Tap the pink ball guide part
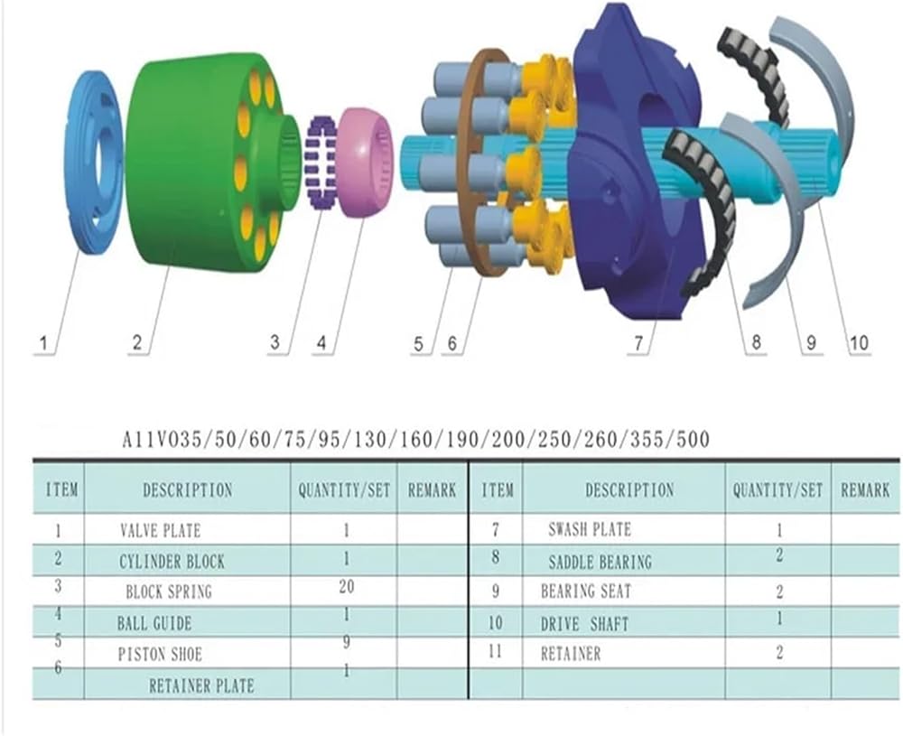[365, 163]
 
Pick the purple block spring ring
[321, 163]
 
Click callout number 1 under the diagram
[43, 344]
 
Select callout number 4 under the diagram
[321, 344]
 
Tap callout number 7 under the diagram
[638, 344]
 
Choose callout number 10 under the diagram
[858, 344]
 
